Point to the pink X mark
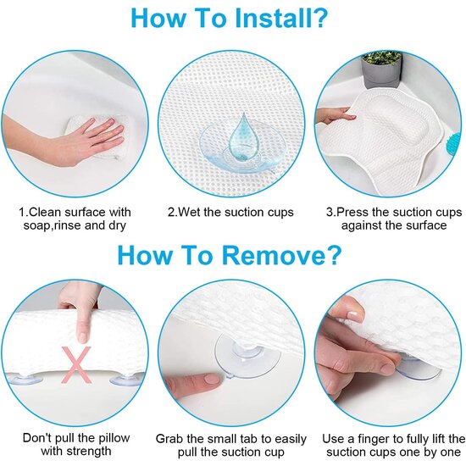[76, 364]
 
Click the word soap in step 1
[35, 225]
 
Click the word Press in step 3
[353, 212]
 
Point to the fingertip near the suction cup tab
[213, 380]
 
